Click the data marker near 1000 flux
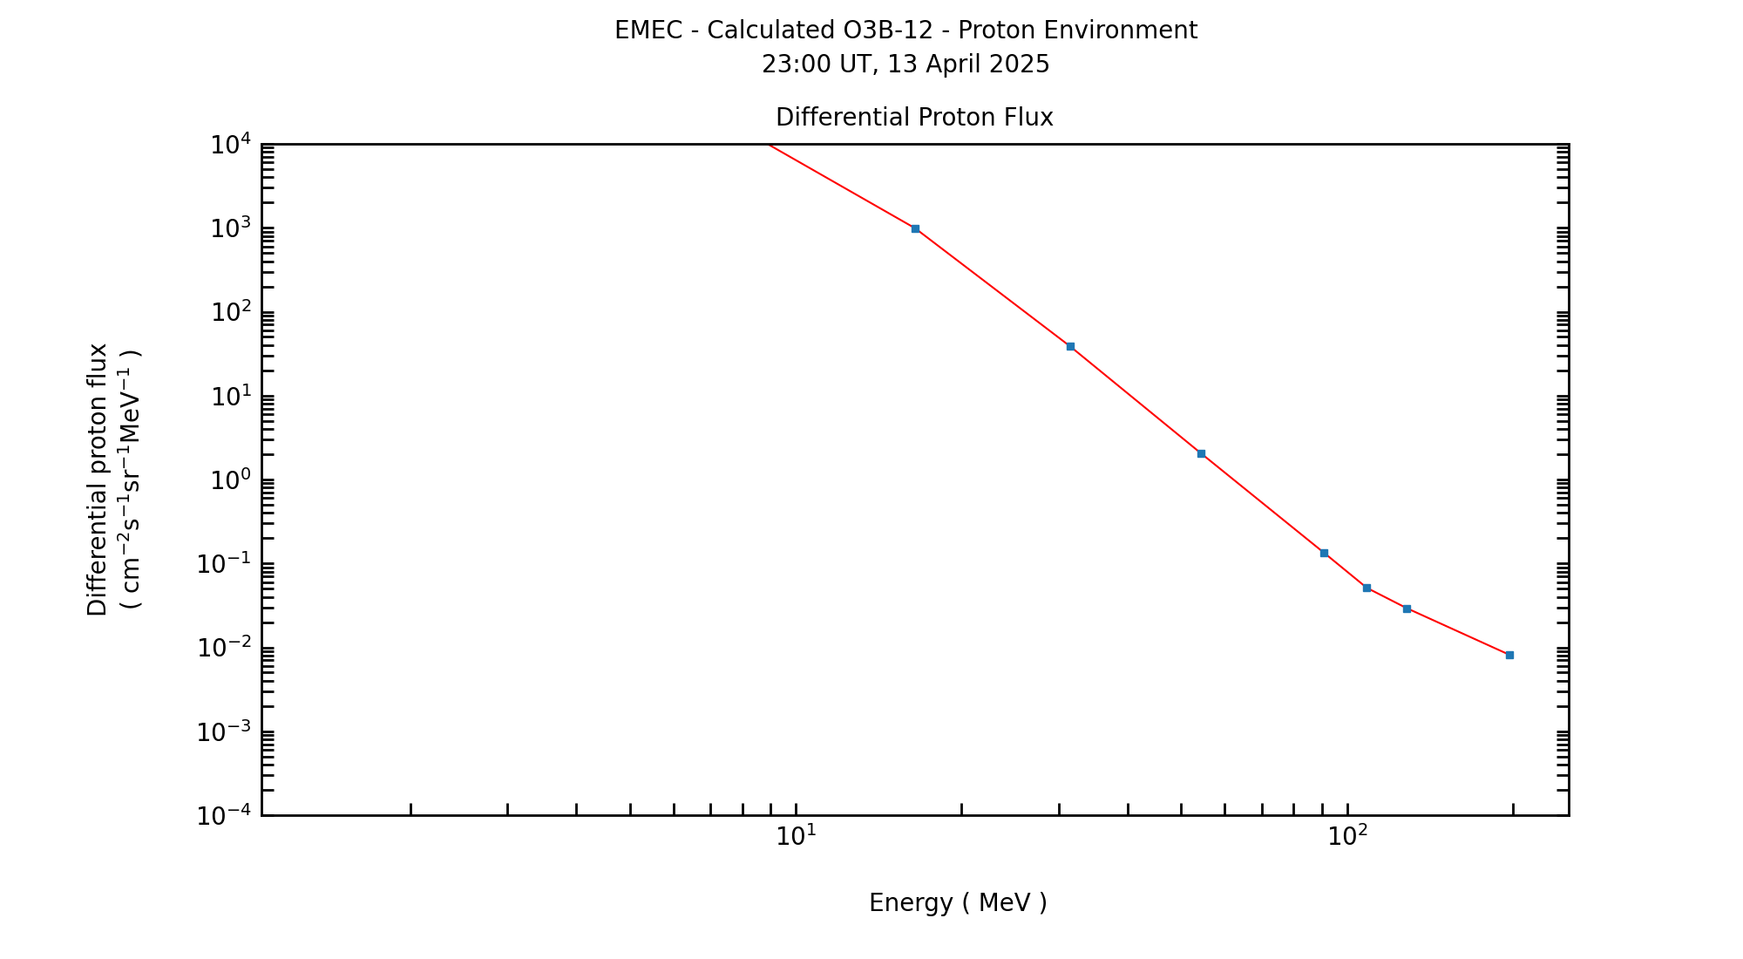(915, 228)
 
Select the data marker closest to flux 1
(1201, 453)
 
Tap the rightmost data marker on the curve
(1509, 655)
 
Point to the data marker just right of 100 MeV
(1367, 588)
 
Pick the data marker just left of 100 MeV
(1324, 553)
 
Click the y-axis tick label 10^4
(231, 144)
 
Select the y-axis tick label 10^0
(231, 480)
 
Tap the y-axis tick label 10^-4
(224, 816)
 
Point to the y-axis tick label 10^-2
(224, 648)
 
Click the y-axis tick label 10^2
(231, 312)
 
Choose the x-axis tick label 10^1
(796, 836)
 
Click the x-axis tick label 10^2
(1347, 836)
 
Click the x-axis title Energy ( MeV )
(958, 903)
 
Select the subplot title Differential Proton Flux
(914, 118)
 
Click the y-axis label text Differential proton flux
(98, 479)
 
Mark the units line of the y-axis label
(130, 479)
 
